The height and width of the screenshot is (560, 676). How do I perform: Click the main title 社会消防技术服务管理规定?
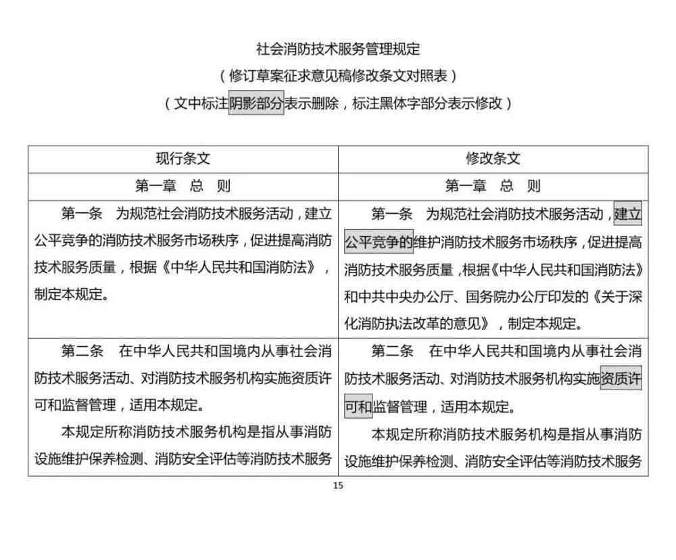pyautogui.click(x=338, y=49)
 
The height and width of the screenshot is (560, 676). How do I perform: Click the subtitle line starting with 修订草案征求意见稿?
pyautogui.click(x=338, y=76)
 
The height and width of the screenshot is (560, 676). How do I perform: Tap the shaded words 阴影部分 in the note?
pyautogui.click(x=256, y=103)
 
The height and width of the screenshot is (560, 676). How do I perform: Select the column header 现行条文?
pyautogui.click(x=183, y=159)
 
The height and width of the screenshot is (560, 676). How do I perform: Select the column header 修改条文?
pyautogui.click(x=493, y=159)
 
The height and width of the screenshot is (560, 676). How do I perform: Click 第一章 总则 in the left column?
pyautogui.click(x=183, y=186)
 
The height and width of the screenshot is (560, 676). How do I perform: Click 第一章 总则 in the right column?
pyautogui.click(x=493, y=186)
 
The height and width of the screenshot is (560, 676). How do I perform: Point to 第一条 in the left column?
pyautogui.click(x=82, y=214)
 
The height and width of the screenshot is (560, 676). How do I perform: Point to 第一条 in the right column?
pyautogui.click(x=392, y=214)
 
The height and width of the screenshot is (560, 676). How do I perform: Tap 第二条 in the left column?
pyautogui.click(x=82, y=351)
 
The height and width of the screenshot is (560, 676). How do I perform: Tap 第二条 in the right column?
pyautogui.click(x=392, y=351)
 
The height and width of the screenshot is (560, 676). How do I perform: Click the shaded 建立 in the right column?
pyautogui.click(x=628, y=214)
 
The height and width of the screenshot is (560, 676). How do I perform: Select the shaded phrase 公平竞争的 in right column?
pyautogui.click(x=379, y=241)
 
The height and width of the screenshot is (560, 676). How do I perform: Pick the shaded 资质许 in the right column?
pyautogui.click(x=621, y=378)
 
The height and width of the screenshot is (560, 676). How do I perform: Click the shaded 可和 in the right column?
pyautogui.click(x=358, y=406)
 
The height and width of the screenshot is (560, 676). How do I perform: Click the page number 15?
pyautogui.click(x=338, y=486)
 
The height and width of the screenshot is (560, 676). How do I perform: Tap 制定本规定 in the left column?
pyautogui.click(x=68, y=295)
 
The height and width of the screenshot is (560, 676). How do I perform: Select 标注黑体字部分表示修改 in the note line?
pyautogui.click(x=428, y=103)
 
